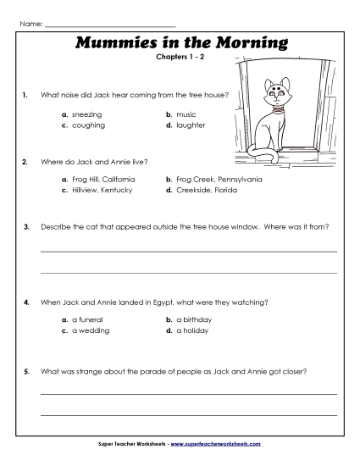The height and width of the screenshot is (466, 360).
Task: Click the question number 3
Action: click(x=27, y=227)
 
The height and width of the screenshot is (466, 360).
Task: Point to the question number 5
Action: click(x=27, y=371)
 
